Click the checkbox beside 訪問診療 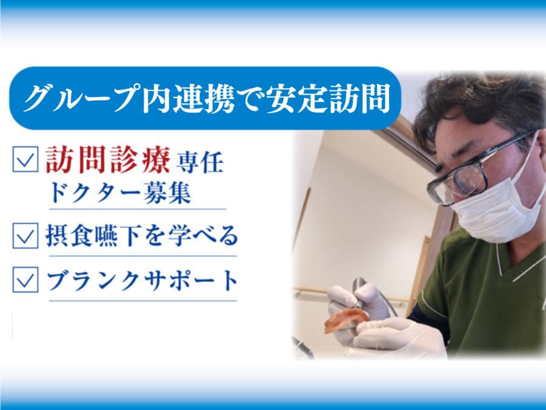click(x=25, y=159)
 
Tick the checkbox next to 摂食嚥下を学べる click(x=25, y=236)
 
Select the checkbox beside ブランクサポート click(x=25, y=279)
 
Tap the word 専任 click(x=200, y=162)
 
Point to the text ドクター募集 click(x=120, y=193)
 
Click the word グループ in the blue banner click(x=79, y=98)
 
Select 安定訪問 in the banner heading click(x=328, y=98)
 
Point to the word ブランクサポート click(x=143, y=281)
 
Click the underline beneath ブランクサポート click(x=143, y=301)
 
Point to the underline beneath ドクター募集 click(x=138, y=209)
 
